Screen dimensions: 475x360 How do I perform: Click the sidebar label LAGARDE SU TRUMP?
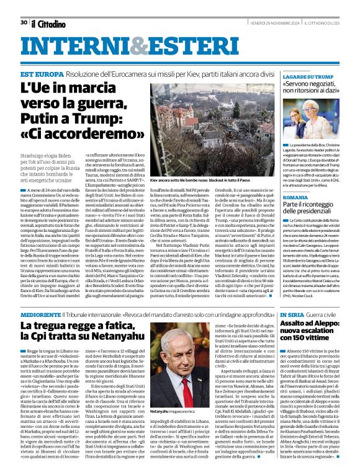tap(308, 77)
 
